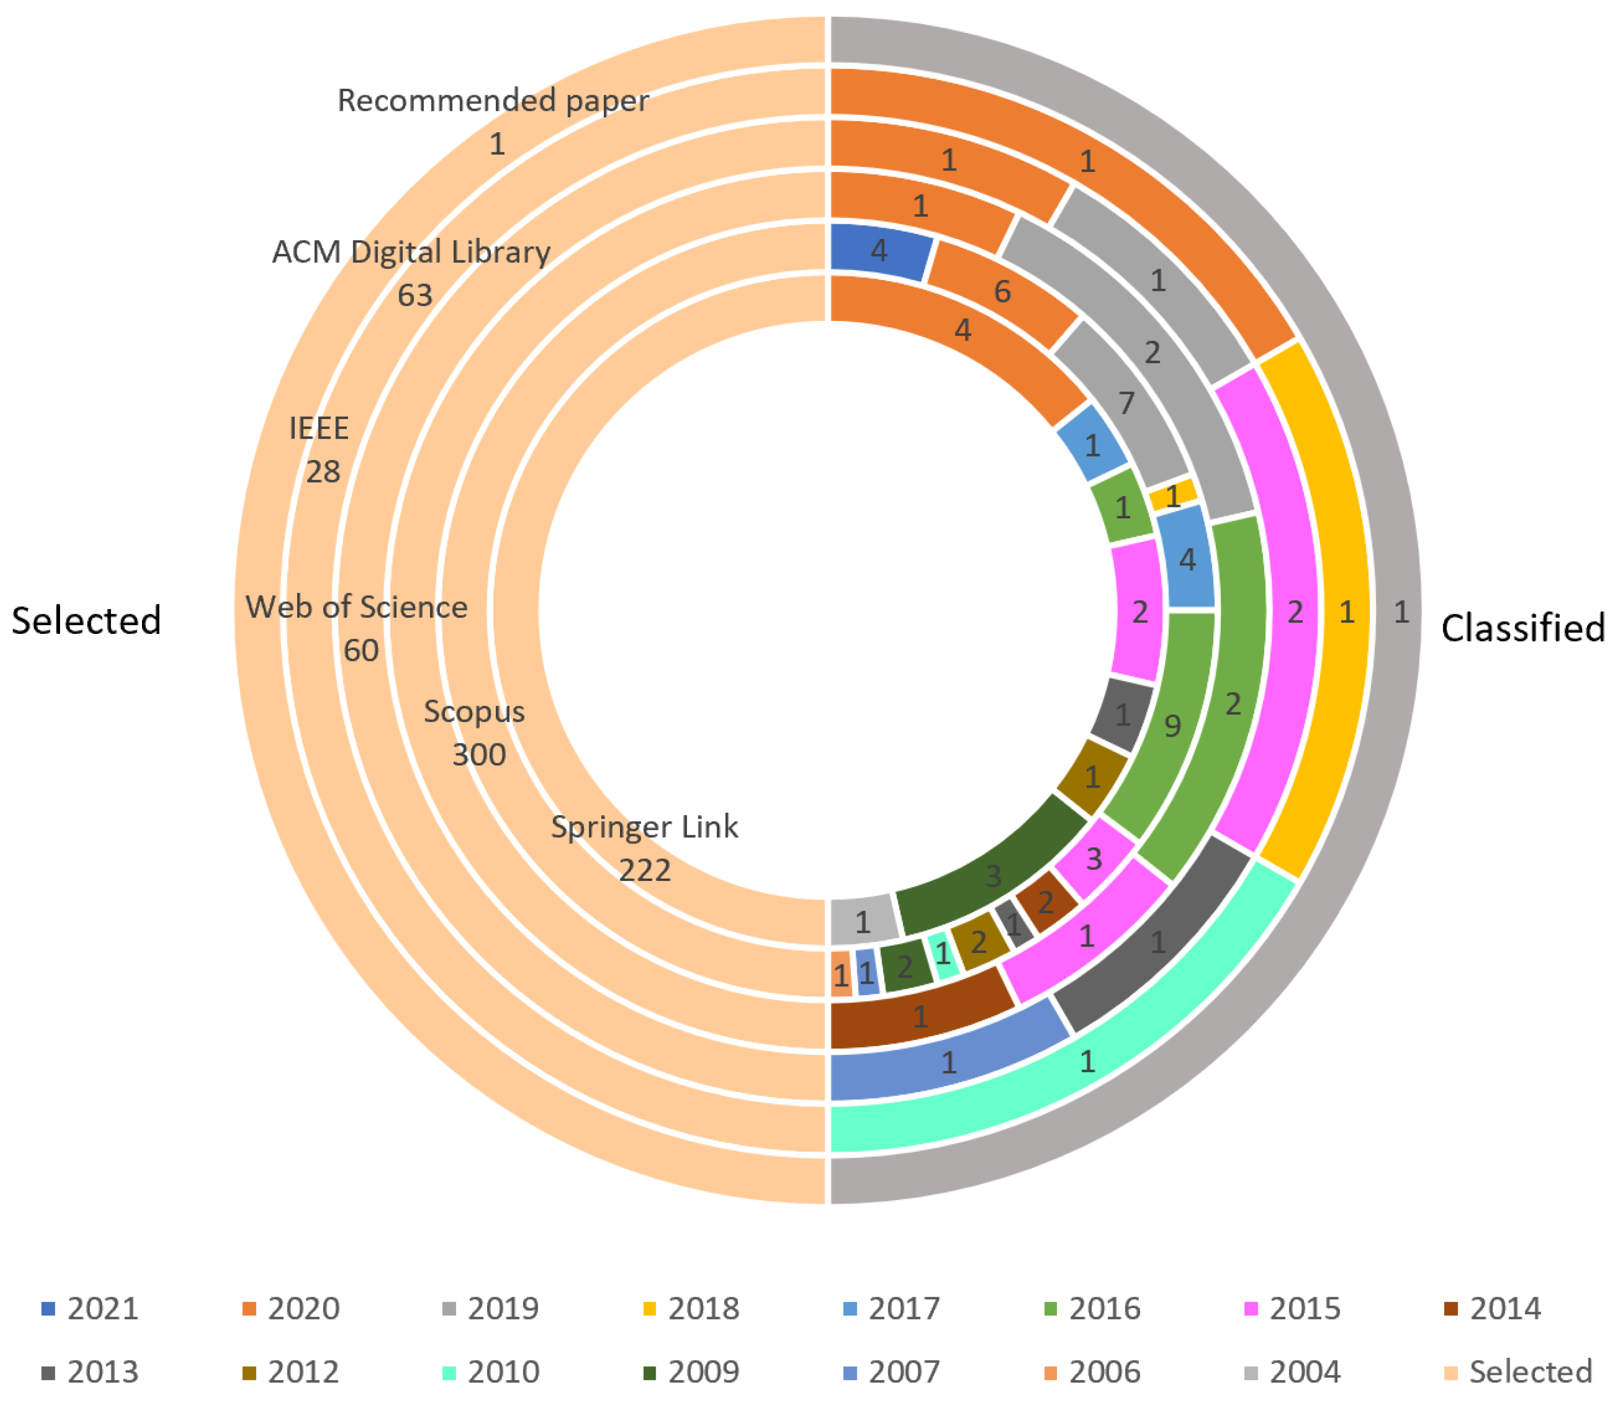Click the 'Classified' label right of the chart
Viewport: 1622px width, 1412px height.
1523,628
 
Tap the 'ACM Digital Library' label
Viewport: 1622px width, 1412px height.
411,252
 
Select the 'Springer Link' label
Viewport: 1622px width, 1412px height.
644,827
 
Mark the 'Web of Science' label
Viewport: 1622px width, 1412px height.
357,607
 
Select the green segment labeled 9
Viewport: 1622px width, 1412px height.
1172,725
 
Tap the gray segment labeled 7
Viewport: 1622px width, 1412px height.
1127,402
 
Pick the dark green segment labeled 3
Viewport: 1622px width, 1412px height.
993,875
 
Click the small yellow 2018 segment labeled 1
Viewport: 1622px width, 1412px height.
1173,496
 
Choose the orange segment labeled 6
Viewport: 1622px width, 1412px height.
1001,292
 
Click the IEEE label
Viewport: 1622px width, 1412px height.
319,428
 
